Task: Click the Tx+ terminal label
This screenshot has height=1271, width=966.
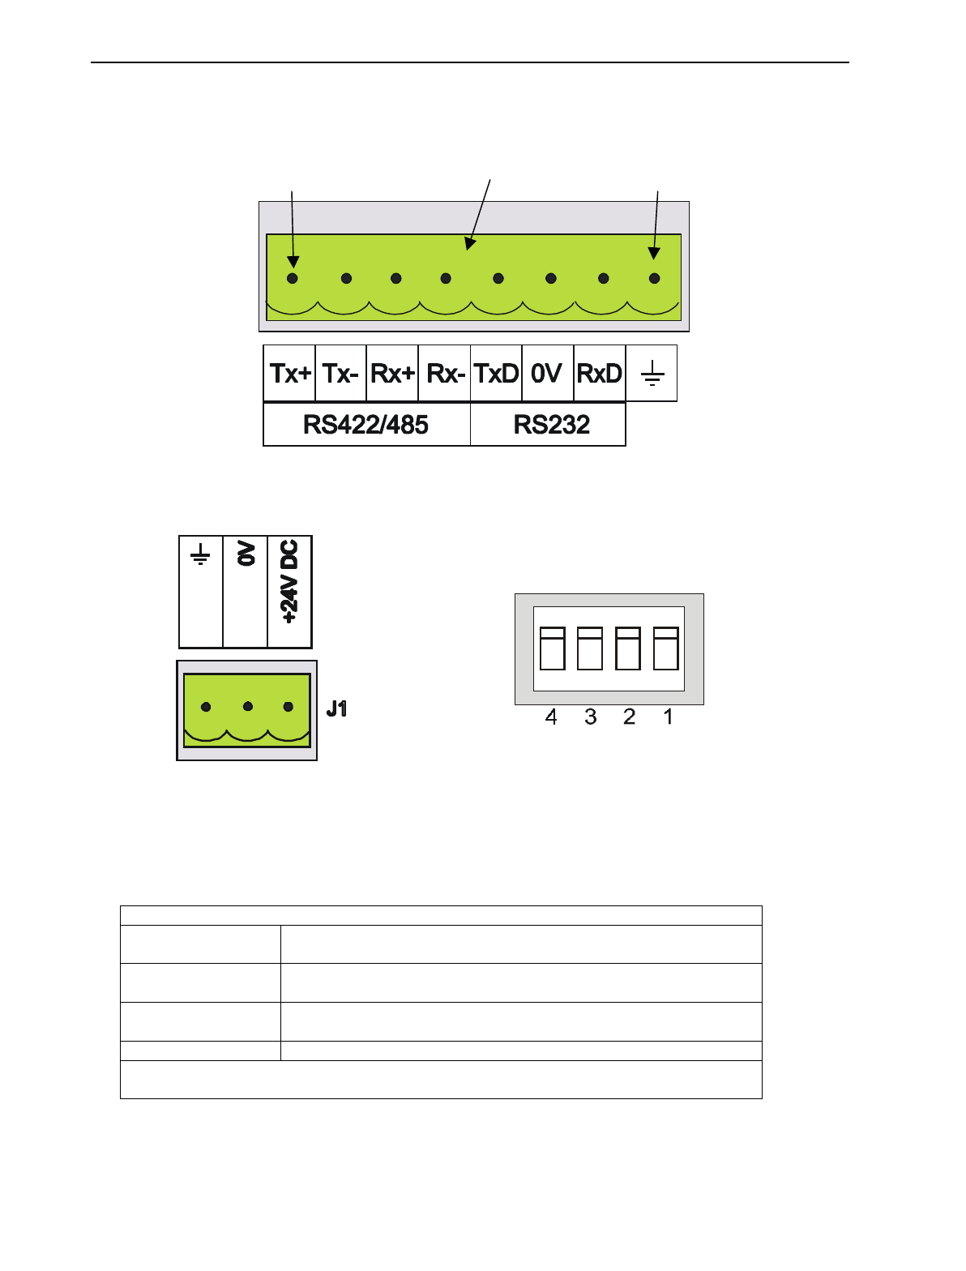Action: (290, 374)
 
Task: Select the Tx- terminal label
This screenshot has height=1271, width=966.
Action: (340, 374)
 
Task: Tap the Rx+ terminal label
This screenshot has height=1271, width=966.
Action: (392, 374)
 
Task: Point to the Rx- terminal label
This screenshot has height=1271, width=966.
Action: (445, 374)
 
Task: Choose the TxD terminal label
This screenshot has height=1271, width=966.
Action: (496, 374)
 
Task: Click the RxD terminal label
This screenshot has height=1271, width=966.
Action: (600, 374)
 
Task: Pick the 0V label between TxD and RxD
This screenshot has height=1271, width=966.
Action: (547, 374)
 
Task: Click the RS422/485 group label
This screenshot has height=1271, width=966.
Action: (365, 425)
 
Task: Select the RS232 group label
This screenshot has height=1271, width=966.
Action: (551, 425)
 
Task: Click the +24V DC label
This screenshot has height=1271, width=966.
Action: (289, 581)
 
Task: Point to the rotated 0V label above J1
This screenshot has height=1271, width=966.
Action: (246, 554)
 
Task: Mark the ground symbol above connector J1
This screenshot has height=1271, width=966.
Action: (200, 554)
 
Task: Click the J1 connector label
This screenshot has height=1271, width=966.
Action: (336, 709)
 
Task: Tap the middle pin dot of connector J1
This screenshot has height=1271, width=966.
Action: (248, 707)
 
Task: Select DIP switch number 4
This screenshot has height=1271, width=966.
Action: (552, 648)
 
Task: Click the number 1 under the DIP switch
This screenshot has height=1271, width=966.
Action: (668, 717)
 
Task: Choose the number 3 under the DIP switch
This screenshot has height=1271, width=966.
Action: (590, 717)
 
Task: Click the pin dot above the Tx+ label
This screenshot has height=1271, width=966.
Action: (293, 279)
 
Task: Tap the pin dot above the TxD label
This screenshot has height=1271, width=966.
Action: (498, 279)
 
